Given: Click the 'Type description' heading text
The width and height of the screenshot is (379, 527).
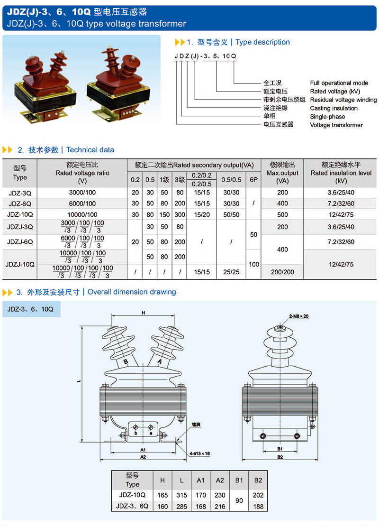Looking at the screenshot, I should point(262,42).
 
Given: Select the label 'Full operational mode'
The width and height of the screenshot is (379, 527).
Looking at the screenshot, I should point(339,83).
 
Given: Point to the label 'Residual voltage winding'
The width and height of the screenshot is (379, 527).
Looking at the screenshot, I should point(343,100).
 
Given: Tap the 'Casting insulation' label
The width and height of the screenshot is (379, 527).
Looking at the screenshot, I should point(334,108).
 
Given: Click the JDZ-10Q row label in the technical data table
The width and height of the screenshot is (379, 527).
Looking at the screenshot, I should point(20,214).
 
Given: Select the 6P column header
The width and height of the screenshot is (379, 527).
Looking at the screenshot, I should point(254,180).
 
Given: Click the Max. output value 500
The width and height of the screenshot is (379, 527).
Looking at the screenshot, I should point(282,214).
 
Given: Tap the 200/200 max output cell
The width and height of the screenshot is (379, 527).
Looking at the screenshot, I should point(282,272).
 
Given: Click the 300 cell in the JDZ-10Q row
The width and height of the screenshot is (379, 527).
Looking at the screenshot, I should point(180,214).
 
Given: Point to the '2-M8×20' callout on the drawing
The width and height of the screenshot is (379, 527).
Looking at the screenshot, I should point(299,316).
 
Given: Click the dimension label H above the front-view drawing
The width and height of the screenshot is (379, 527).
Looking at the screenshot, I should point(143,313).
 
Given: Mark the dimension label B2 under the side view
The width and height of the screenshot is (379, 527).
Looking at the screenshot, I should point(280,457).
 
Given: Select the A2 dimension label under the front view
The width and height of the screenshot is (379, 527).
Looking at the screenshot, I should point(143,457).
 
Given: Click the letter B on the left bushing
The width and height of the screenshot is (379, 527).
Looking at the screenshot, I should point(126,362).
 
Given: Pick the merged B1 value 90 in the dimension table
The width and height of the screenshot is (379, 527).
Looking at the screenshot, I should point(239,500).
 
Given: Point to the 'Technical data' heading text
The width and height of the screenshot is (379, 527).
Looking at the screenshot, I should point(90,150).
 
